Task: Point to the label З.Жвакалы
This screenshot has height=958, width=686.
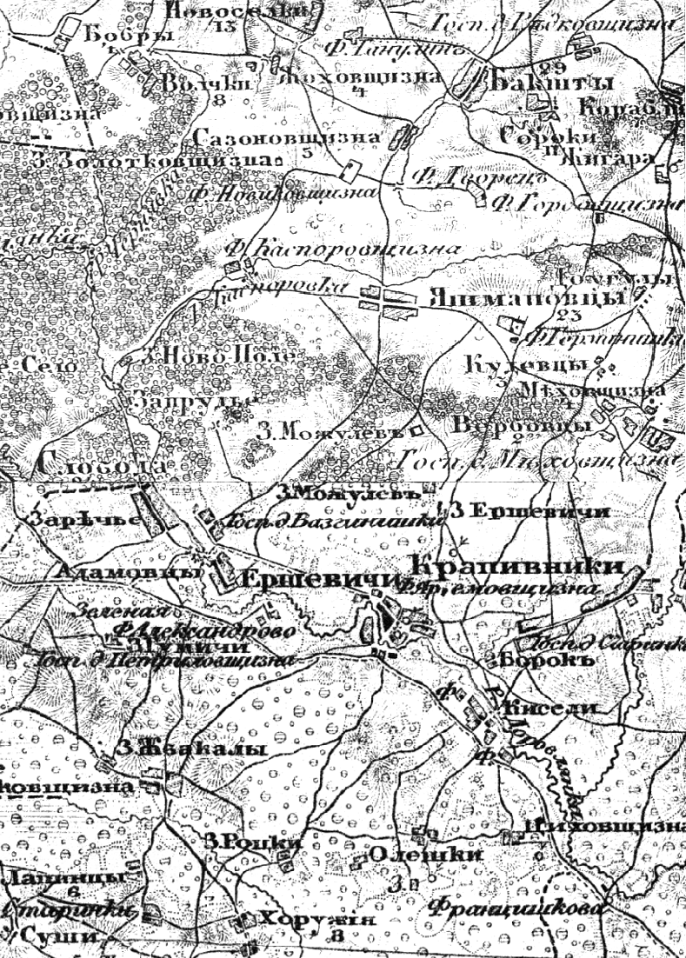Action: coord(194,750)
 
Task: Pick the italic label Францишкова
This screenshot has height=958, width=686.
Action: coord(516,908)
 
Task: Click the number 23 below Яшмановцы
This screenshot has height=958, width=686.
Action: coord(570,315)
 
